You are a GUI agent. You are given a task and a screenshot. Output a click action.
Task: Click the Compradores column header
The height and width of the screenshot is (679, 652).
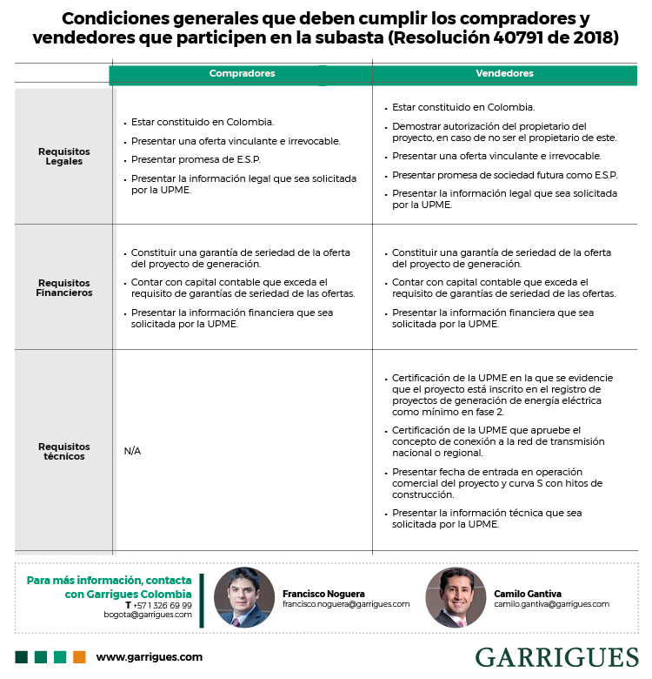(242, 74)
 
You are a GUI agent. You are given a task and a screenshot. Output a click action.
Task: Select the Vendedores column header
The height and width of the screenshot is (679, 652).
(504, 74)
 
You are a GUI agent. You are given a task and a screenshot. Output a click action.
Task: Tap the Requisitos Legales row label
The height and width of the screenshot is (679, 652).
(63, 157)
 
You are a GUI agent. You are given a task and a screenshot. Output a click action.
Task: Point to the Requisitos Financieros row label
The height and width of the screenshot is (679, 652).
(64, 288)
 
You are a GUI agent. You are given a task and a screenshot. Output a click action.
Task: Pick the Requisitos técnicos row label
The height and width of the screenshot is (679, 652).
(63, 451)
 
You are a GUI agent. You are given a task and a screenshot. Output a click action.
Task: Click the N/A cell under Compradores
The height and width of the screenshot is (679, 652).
(132, 451)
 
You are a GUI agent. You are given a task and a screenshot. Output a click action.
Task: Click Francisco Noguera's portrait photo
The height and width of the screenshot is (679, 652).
(244, 597)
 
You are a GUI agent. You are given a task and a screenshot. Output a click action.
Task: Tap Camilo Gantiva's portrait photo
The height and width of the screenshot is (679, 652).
(456, 597)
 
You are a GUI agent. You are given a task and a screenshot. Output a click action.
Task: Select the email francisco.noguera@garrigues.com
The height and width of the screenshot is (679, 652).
(345, 604)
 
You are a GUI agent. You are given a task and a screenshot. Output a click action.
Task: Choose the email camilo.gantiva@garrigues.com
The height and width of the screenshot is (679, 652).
(551, 604)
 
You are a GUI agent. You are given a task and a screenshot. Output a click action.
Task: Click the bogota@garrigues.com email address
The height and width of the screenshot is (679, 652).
(148, 615)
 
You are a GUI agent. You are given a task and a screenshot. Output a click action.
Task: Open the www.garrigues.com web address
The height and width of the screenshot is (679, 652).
(149, 657)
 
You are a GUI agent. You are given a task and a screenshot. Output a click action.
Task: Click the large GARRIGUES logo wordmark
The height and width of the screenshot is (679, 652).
(556, 657)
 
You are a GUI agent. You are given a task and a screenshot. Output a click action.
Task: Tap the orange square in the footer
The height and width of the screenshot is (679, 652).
(79, 657)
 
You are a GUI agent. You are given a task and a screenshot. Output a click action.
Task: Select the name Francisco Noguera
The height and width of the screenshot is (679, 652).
(323, 593)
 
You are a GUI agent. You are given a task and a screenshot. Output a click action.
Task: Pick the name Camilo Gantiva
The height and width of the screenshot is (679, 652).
(529, 593)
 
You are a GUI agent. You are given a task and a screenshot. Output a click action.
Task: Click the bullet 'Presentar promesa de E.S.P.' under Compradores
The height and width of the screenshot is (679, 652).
(195, 159)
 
